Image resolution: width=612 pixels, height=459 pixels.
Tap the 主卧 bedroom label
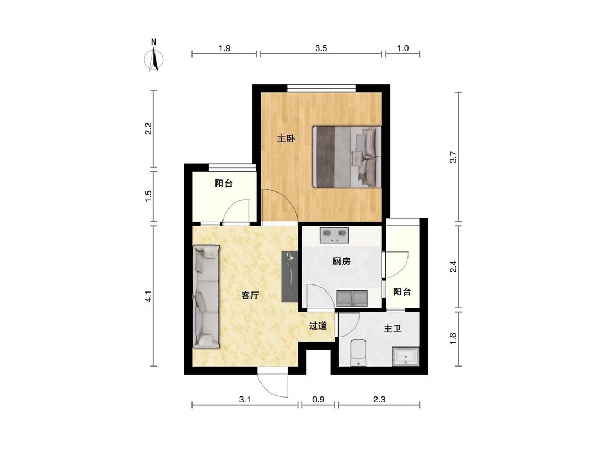point(286,138)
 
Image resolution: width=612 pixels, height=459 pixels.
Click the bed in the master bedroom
point(347,157)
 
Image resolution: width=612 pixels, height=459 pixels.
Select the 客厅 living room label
point(250,295)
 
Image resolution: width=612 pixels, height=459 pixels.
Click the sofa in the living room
point(207,296)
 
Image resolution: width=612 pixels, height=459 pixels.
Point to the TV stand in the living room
point(289,276)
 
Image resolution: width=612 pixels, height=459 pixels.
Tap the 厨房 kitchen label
point(341,261)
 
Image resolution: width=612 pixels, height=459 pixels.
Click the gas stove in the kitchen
point(335,235)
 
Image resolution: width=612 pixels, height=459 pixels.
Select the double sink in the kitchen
point(352,298)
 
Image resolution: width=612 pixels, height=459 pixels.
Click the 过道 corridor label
point(318,326)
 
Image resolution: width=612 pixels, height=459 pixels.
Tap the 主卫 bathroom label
point(392,328)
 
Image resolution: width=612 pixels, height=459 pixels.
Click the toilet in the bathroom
point(358,353)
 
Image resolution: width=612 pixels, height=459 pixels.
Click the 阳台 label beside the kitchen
point(402,291)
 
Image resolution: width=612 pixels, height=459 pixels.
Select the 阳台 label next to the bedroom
point(224,183)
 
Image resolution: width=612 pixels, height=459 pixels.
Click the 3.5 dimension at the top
point(321,48)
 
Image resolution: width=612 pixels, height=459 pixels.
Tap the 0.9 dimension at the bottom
point(318,400)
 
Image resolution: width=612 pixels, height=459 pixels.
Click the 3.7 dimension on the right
point(453,157)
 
